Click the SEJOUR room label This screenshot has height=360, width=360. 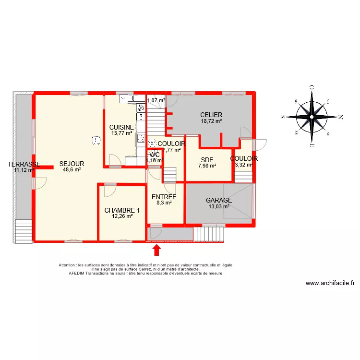point(72,164)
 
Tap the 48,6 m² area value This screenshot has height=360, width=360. point(72,169)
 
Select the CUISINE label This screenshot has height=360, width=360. point(121,127)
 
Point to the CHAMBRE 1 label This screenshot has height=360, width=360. point(122,210)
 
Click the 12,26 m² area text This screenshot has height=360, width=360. point(122,216)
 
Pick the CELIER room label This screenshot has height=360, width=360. point(211,115)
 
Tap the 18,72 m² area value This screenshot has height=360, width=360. point(211,121)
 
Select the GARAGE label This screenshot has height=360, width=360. point(219,201)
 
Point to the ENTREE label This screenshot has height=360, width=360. point(164,197)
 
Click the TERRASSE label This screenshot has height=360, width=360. point(24,164)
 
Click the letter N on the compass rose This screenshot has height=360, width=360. point(341,116)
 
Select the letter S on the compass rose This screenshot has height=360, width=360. point(283,116)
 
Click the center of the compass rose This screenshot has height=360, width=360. point(312,116)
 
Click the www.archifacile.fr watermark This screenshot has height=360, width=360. point(330,283)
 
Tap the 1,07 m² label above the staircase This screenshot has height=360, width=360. point(156,101)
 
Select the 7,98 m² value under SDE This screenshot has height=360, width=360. point(207,166)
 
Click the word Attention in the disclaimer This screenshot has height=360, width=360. point(67,265)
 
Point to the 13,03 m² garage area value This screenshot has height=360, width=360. point(219,207)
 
